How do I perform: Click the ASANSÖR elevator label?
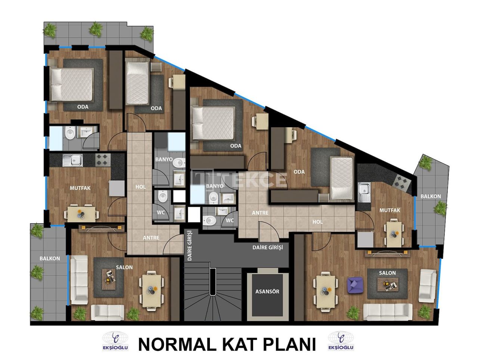[x=267, y=291]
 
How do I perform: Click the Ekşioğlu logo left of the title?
[x=115, y=341]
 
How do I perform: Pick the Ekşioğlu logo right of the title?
[x=341, y=341]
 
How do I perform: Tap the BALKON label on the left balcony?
[x=50, y=258]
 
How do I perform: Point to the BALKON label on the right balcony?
[x=431, y=196]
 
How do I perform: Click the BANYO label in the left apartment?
[x=164, y=159]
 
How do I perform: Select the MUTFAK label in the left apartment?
[x=80, y=188]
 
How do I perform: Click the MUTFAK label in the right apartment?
[x=389, y=210]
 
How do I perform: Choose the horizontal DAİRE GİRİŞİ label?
[x=267, y=247]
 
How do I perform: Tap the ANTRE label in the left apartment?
[x=151, y=238]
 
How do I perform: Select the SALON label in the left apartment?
[x=124, y=267]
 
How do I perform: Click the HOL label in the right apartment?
[x=317, y=222]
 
